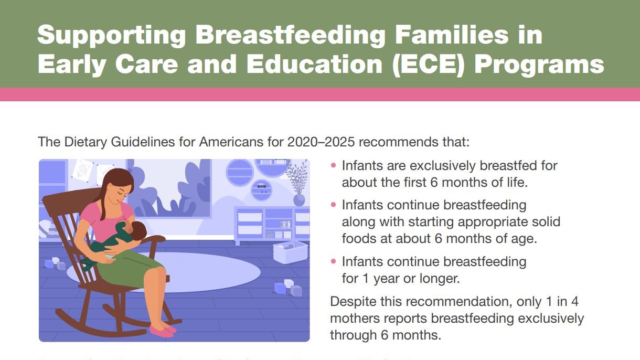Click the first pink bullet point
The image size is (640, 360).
[x=334, y=166]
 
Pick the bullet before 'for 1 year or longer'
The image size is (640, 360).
[x=334, y=261]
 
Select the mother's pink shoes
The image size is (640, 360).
[x=162, y=330]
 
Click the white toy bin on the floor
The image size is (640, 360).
[x=290, y=251]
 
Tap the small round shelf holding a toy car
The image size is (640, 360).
[x=261, y=188]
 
